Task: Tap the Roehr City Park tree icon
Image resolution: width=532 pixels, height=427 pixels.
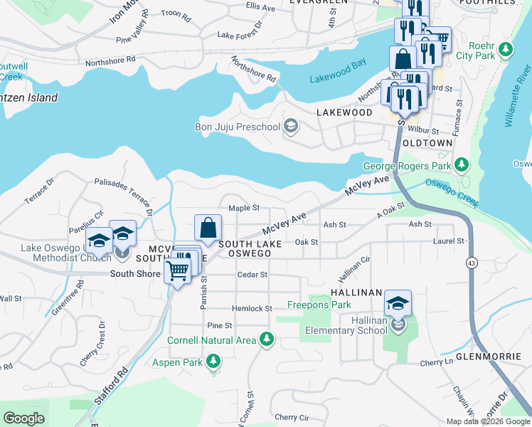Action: [x=506, y=50]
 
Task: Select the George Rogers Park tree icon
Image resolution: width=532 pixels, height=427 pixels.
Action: [x=462, y=166]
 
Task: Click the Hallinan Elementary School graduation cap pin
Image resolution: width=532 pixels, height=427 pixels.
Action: [x=398, y=304]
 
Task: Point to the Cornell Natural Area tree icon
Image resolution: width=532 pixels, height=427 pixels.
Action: [x=267, y=340]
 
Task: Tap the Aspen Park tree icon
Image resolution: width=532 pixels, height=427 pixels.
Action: [x=213, y=362]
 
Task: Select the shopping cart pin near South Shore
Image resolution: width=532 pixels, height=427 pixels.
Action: [x=177, y=270]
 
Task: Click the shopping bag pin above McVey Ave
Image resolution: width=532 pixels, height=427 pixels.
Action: [x=208, y=228]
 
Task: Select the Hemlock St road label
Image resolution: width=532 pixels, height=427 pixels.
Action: [x=252, y=309]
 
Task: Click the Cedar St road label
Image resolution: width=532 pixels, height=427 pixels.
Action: [x=252, y=274]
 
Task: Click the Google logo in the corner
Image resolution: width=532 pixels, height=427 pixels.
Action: [x=23, y=418]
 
